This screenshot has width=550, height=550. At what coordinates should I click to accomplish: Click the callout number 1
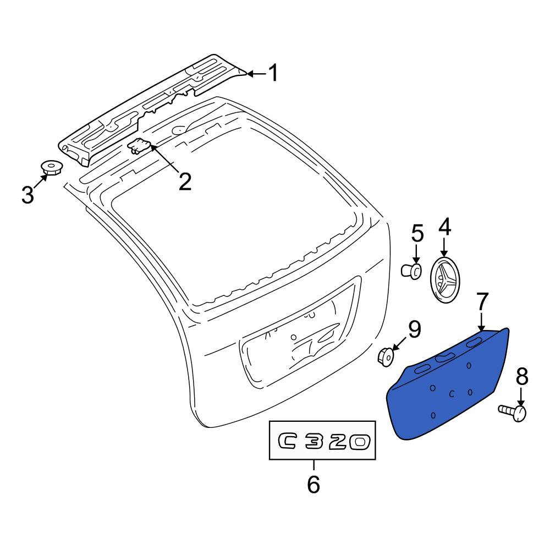(273, 73)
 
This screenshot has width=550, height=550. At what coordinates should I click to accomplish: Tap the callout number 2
(185, 182)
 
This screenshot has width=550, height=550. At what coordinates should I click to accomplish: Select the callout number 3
(28, 195)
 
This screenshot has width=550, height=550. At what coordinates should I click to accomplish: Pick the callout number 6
(313, 485)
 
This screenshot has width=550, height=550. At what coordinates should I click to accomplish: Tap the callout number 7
(482, 301)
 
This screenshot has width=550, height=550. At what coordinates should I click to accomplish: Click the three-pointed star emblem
(444, 279)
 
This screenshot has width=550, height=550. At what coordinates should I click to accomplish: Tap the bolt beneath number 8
(513, 413)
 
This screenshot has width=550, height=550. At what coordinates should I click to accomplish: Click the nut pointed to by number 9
(386, 357)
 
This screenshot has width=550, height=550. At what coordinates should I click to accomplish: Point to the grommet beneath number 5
(411, 271)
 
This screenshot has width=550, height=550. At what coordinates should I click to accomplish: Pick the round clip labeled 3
(52, 168)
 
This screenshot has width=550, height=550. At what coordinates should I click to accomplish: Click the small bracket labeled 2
(139, 146)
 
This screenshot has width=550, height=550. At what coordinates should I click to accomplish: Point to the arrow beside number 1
(257, 74)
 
